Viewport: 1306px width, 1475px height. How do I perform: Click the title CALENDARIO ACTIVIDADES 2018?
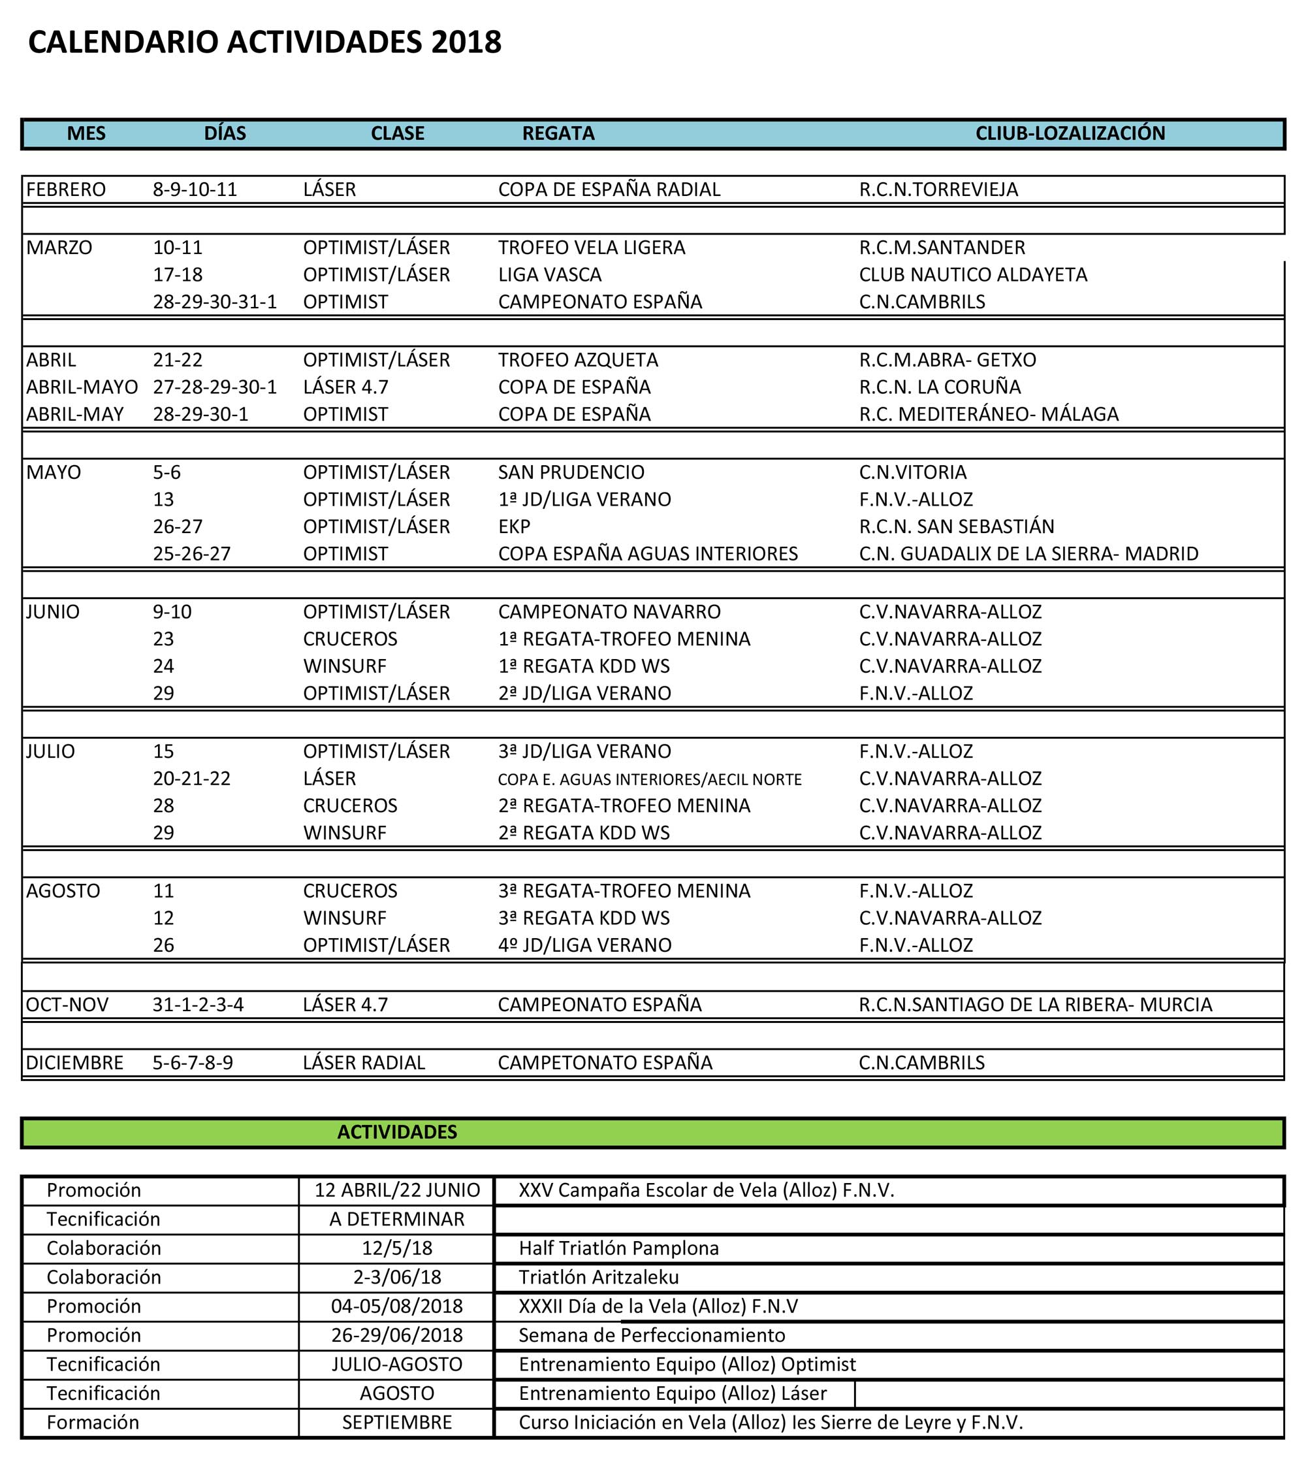coord(264,42)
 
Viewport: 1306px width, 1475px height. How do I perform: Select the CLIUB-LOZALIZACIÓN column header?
coord(1070,133)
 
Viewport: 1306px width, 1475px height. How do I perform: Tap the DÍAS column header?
coord(225,133)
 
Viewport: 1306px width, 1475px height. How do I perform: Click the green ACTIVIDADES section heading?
coord(397,1131)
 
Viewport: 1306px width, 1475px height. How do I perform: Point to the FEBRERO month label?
coord(66,190)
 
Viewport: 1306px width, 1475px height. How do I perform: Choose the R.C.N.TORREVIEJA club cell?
coord(938,190)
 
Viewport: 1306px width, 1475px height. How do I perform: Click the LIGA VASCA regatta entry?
coord(549,275)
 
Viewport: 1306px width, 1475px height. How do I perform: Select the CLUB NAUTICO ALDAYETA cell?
coord(973,275)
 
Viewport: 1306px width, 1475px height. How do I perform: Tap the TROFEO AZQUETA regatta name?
coord(577,360)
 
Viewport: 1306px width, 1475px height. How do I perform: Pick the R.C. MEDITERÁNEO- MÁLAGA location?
coord(989,414)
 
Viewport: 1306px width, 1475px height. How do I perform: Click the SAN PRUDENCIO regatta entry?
coord(571,473)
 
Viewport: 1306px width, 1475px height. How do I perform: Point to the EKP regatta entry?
coord(514,527)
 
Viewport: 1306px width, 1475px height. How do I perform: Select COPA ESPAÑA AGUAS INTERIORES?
coord(647,554)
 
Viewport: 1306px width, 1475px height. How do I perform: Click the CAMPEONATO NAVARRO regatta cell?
coord(609,612)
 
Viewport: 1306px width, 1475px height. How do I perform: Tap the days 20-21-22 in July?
coord(191,779)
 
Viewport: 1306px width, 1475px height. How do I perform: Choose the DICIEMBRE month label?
coord(74,1063)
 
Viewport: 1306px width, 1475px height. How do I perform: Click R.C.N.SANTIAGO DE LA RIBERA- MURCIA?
coord(1035,1005)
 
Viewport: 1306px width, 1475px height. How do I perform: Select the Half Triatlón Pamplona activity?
coord(618,1248)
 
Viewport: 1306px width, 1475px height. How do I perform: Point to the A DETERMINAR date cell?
coord(397,1220)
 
